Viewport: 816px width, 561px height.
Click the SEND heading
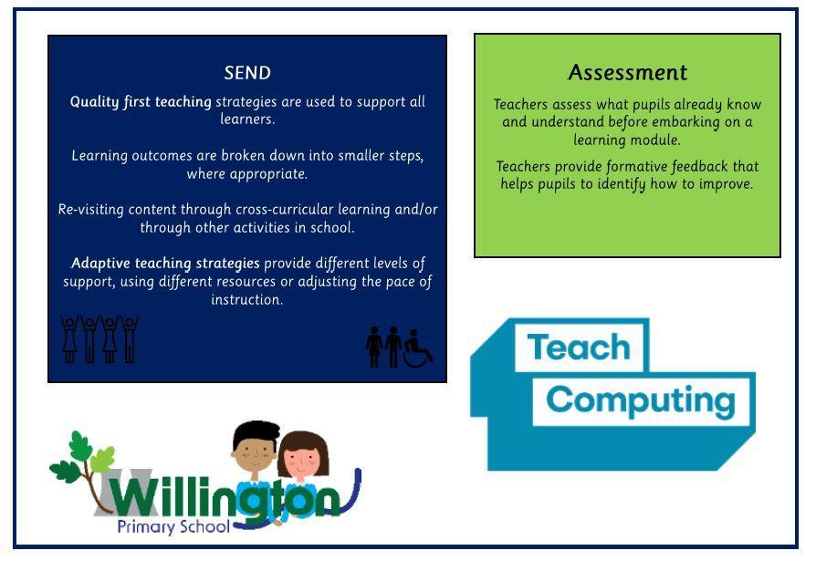pos(247,73)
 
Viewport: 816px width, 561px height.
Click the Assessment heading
pos(628,72)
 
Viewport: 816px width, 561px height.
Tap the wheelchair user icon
pos(418,348)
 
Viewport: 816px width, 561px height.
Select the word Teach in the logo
pos(579,347)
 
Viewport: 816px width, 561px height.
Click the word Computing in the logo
pos(641,400)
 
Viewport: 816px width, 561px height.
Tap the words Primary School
pos(173,526)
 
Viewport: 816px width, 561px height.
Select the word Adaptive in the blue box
pos(100,264)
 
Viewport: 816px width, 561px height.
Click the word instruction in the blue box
pos(247,300)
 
